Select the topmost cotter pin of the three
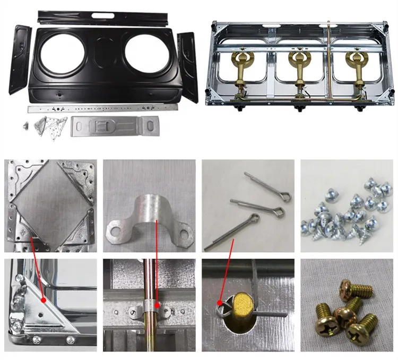pos(268,187)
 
